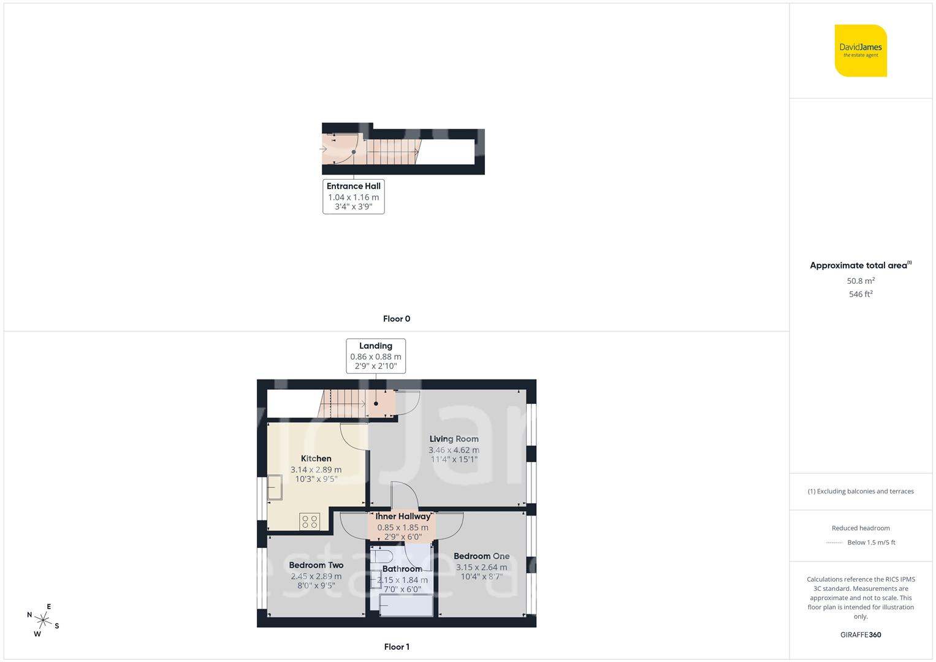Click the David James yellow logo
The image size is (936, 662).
861,50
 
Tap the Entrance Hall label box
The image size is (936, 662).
354,196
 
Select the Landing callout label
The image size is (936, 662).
376,356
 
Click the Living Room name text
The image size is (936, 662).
454,439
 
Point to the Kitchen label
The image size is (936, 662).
316,458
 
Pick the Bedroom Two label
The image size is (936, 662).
316,565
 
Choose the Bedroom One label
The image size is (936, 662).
481,556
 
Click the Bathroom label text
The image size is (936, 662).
402,569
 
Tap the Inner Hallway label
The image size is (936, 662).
403,517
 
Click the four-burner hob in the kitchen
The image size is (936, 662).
310,522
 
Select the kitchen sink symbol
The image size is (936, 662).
275,488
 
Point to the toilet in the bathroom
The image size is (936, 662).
382,557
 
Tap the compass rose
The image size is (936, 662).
43,620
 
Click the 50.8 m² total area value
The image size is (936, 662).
861,281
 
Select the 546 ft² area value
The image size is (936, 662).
861,294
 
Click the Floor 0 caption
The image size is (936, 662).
397,319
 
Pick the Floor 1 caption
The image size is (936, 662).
397,647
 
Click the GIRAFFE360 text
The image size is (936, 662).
861,635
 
